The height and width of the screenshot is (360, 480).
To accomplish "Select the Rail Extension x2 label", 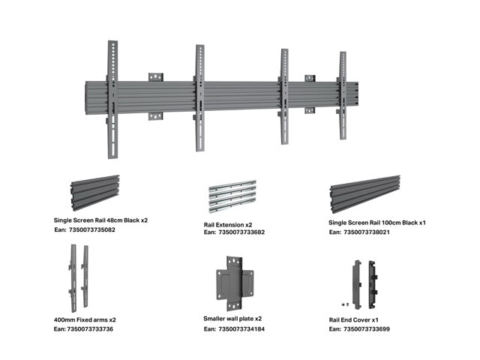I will pyautogui.click(x=229, y=224).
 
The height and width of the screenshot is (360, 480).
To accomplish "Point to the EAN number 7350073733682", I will pyautogui.click(x=234, y=232).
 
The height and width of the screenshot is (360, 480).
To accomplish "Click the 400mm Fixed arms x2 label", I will pyautogui.click(x=85, y=319).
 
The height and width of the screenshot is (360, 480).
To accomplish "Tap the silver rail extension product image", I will pyautogui.click(x=232, y=197).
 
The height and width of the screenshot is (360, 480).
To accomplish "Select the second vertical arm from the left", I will pyautogui.click(x=199, y=97).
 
